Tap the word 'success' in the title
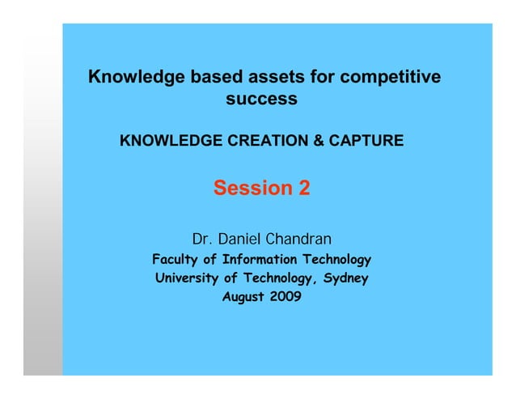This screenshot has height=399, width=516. tap(261, 100)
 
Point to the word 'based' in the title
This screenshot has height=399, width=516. tap(213, 78)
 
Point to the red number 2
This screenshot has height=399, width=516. tap(303, 189)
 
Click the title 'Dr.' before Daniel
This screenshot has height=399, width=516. tap(201, 240)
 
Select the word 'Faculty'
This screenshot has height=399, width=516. tap(175, 260)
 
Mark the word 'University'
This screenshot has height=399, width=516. tap(186, 278)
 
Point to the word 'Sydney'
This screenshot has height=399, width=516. tap(346, 278)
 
